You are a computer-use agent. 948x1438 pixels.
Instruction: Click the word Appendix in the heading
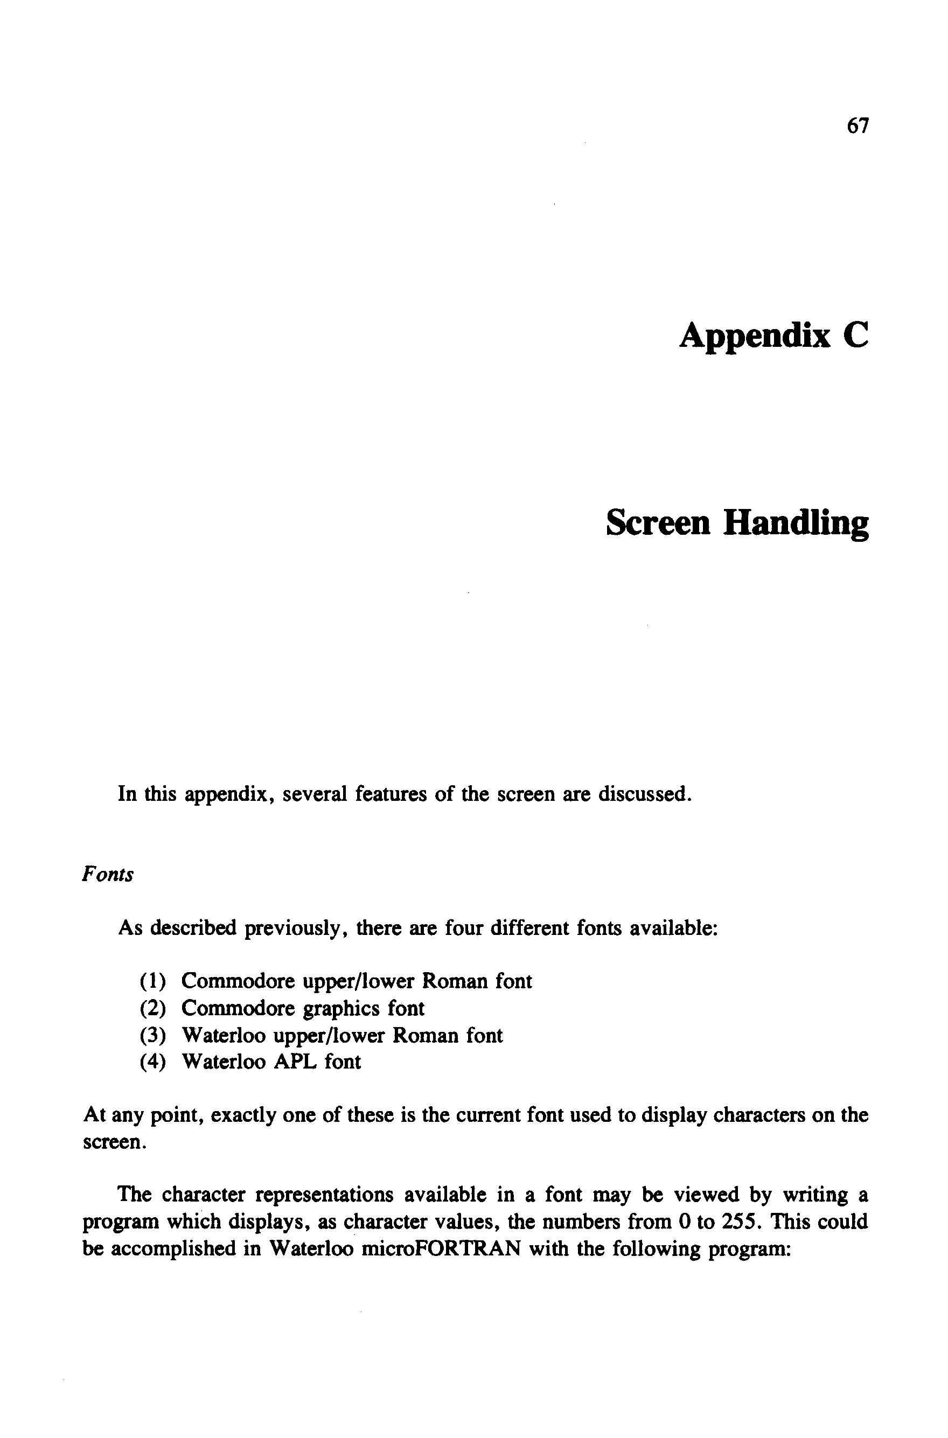coord(755,336)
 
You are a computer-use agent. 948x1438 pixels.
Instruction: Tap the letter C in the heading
coord(854,336)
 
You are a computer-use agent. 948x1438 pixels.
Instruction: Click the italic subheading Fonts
coord(107,875)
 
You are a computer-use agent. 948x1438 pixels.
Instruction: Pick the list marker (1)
coord(152,981)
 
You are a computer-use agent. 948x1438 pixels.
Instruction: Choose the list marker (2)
coord(152,1008)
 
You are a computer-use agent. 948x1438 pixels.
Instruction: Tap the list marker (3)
coord(152,1036)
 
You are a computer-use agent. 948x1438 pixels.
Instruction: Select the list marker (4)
coord(152,1062)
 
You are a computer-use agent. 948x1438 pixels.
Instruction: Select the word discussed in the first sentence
coord(645,794)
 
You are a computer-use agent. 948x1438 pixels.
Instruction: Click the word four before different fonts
coord(463,927)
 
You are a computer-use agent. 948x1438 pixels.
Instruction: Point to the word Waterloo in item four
coord(223,1062)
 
